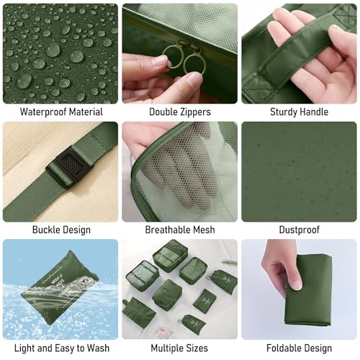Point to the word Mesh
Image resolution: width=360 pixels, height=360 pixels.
(x=204, y=230)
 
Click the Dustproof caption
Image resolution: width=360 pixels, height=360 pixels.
(x=300, y=230)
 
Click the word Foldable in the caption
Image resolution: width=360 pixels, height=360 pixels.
(x=283, y=348)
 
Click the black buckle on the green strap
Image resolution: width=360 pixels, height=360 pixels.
(x=70, y=166)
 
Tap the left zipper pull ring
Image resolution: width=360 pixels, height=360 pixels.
(x=173, y=57)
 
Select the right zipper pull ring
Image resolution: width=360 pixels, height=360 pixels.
(x=195, y=63)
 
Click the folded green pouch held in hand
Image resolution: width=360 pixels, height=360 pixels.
(x=308, y=290)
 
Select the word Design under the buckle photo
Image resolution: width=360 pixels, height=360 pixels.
(x=76, y=230)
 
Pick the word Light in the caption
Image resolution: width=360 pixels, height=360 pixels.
(x=24, y=348)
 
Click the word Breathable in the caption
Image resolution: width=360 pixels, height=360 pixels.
(x=168, y=230)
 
